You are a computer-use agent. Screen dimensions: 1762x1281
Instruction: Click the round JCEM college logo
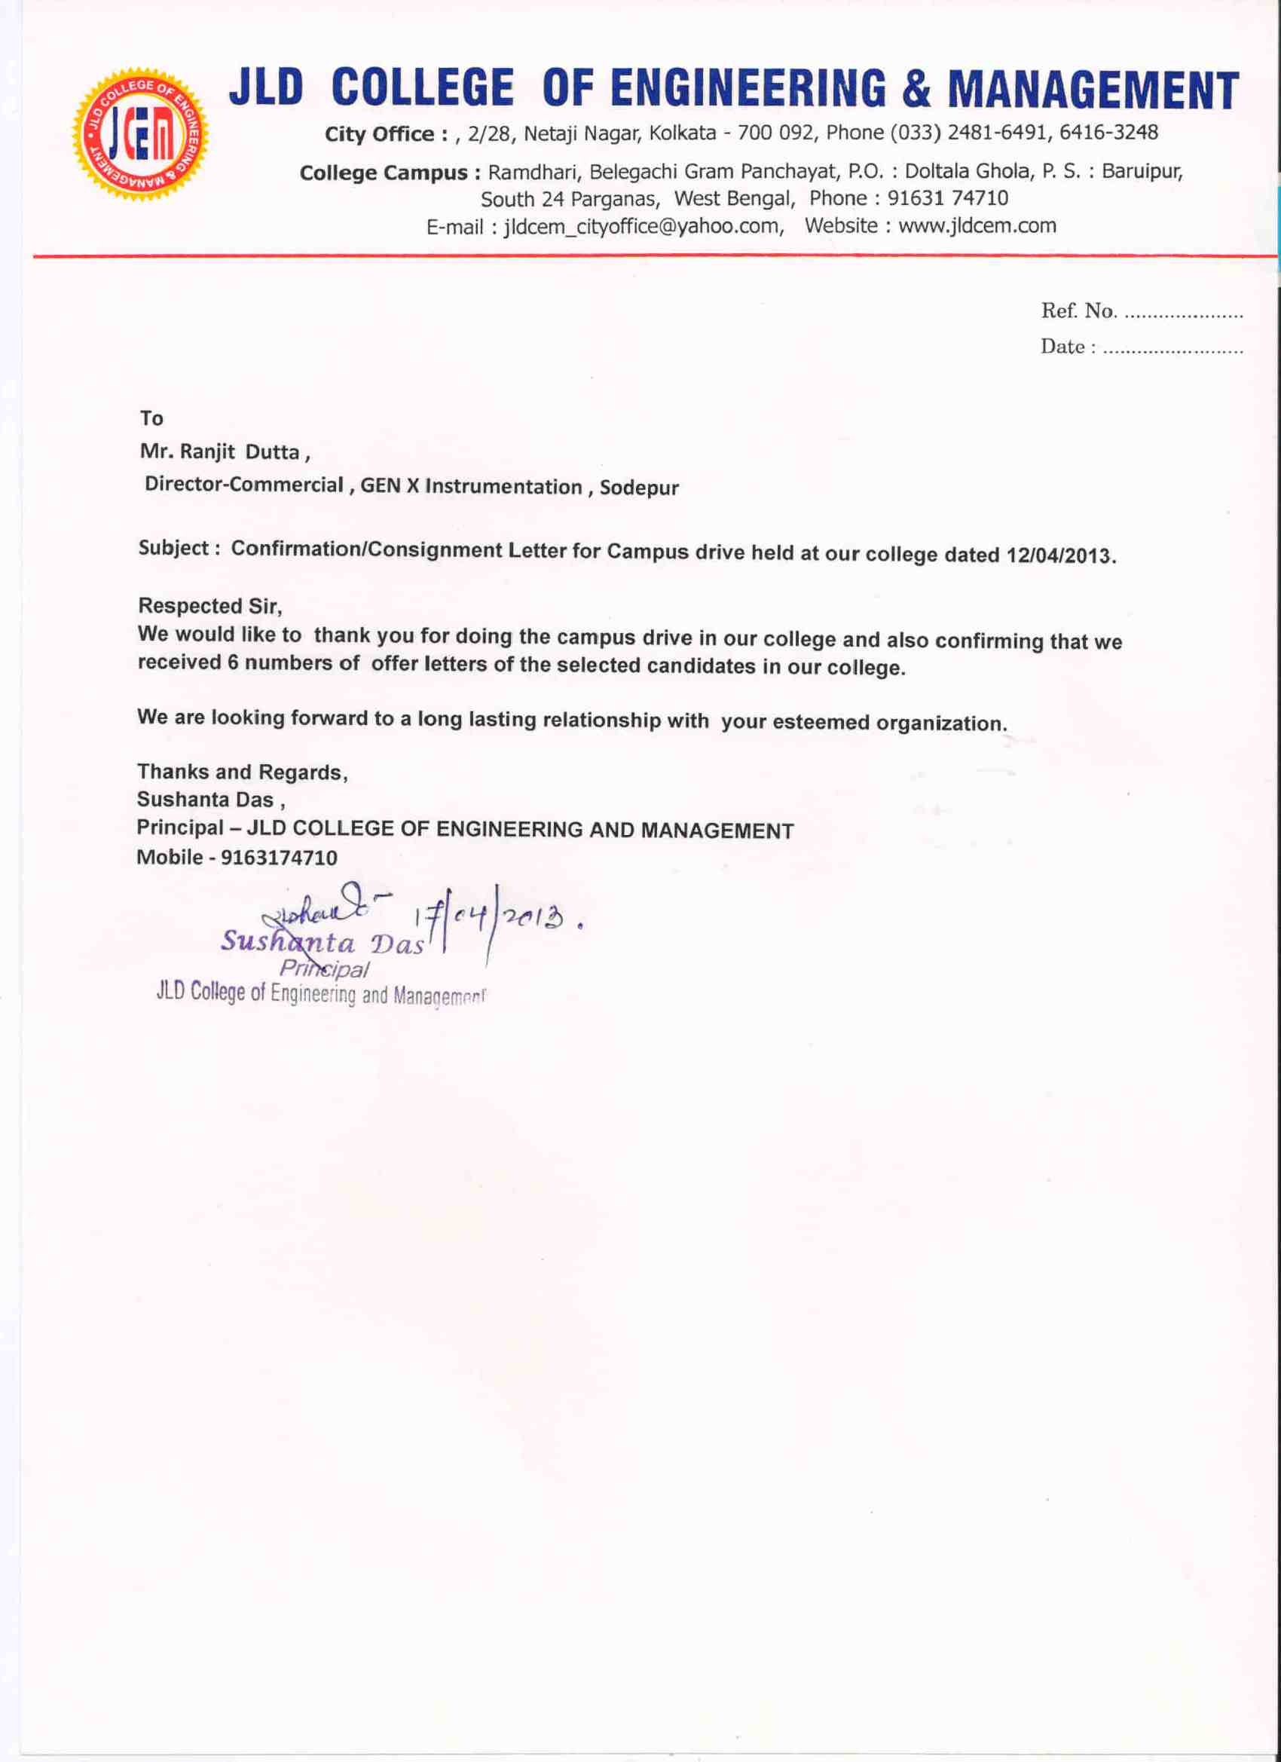click(140, 134)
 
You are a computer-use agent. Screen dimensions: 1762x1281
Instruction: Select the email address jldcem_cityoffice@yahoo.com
click(643, 226)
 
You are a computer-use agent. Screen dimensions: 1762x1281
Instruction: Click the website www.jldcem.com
click(977, 225)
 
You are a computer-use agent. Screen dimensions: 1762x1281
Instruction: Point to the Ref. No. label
click(1078, 311)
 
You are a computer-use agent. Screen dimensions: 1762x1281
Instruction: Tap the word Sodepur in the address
click(638, 488)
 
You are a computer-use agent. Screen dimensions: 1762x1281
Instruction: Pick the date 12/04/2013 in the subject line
click(1059, 556)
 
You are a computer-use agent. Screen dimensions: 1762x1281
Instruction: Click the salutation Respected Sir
click(209, 605)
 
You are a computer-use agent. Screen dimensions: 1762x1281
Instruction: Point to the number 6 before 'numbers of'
click(232, 662)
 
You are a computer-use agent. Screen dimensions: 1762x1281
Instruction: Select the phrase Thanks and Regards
click(241, 772)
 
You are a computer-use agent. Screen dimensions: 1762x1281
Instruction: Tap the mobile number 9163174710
click(279, 858)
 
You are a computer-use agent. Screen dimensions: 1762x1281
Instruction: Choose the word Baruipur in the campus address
click(1141, 171)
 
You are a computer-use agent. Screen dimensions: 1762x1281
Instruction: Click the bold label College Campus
click(384, 173)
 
